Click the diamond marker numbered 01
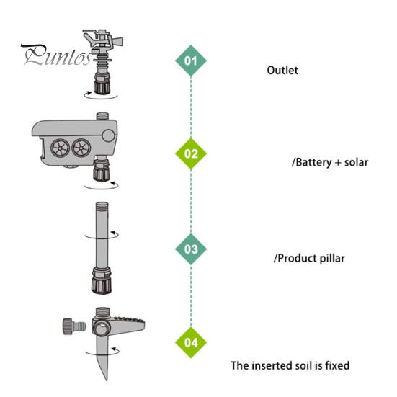[x=191, y=61]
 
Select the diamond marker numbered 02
[x=191, y=153]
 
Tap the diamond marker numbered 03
[x=191, y=249]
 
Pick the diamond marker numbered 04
[x=191, y=342]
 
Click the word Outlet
[x=282, y=71]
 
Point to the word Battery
[x=313, y=162]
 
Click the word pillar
[x=332, y=258]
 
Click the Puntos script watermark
[x=57, y=55]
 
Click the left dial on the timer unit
[x=60, y=148]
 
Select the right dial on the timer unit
[x=81, y=148]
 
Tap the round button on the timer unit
[x=109, y=135]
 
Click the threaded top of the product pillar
[x=102, y=207]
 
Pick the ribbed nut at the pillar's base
[x=102, y=281]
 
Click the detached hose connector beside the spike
[x=74, y=326]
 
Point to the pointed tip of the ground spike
[x=106, y=380]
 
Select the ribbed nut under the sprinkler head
[x=102, y=84]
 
